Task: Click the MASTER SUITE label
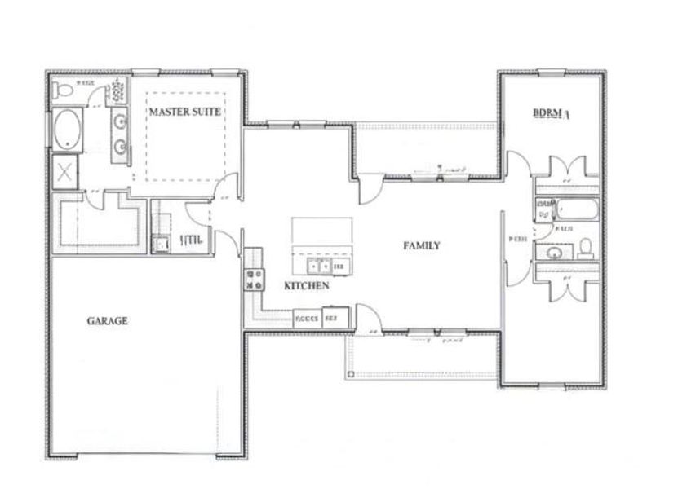click(184, 111)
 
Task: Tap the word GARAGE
click(107, 321)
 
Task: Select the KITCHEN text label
click(307, 286)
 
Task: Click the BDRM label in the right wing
click(550, 113)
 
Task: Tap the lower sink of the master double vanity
click(122, 147)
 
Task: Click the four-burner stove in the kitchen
click(254, 280)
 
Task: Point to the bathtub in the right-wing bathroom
click(578, 210)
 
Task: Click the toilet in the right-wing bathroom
click(585, 248)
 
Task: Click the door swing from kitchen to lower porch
click(365, 316)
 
